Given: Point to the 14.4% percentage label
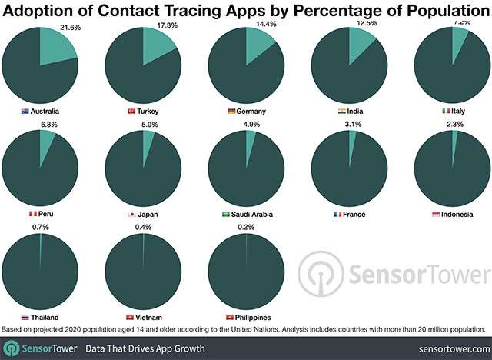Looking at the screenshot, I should click(266, 25).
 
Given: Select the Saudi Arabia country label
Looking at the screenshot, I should click(252, 214).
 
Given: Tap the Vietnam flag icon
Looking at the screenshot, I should click(128, 316).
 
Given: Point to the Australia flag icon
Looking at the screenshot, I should click(25, 112).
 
